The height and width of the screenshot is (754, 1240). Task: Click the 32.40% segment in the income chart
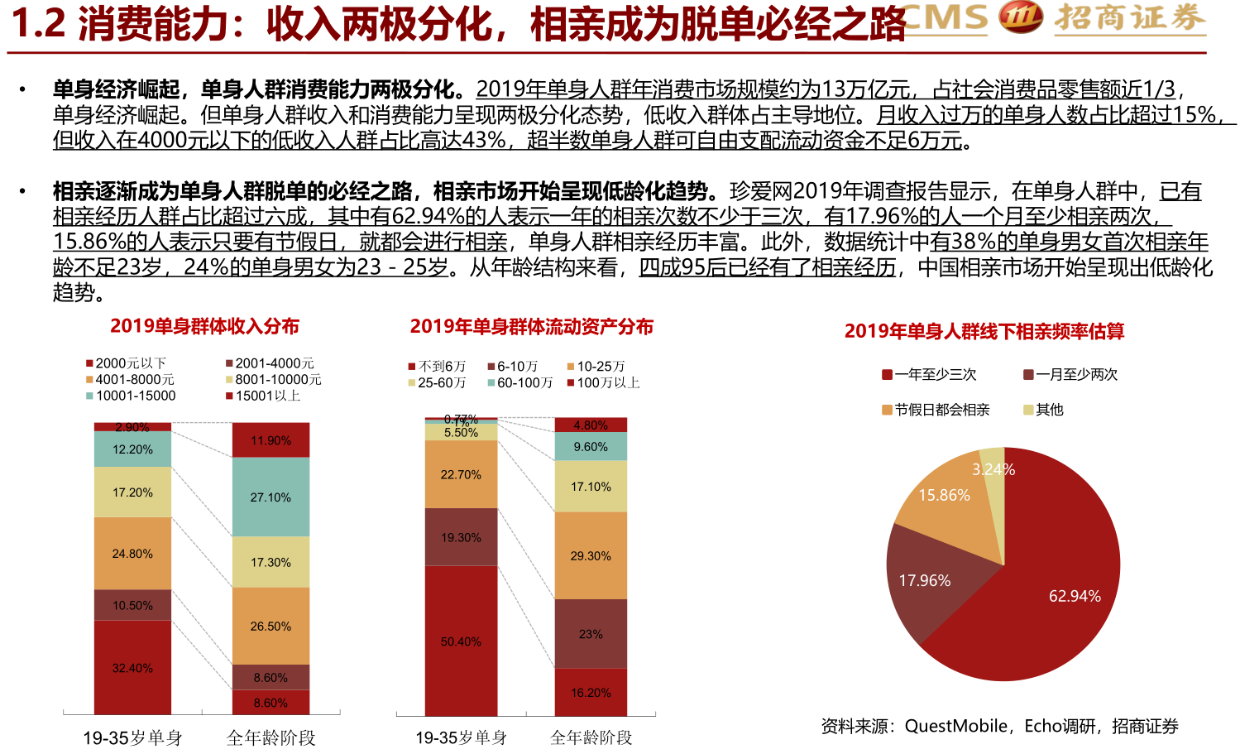[x=132, y=667]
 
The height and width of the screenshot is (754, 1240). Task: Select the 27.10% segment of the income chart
[x=271, y=497]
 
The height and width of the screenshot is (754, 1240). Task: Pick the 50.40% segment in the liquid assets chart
[x=461, y=641]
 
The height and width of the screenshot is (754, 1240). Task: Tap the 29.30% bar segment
[x=591, y=555]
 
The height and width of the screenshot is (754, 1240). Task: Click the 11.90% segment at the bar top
[x=271, y=440]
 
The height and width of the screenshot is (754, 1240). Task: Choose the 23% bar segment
[x=591, y=634]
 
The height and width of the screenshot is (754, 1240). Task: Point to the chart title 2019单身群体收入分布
[x=204, y=326]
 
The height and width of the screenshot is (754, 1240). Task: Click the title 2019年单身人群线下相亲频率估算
[x=984, y=331]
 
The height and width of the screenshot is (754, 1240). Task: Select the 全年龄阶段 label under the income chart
[x=271, y=737]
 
